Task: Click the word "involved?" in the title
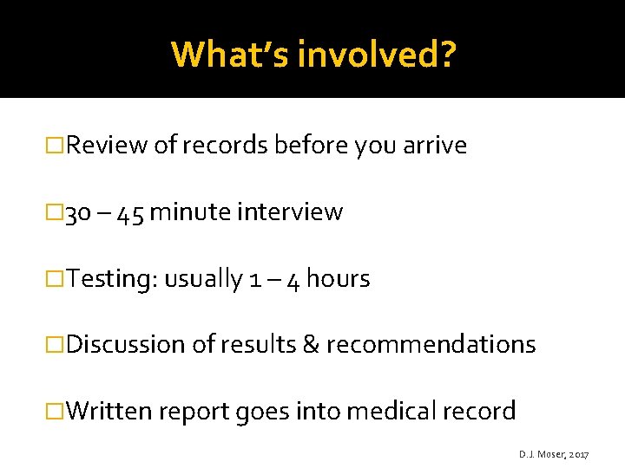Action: [375, 55]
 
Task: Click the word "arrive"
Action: [435, 146]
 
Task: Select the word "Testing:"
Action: [111, 279]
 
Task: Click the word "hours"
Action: [338, 279]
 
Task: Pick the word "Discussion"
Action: [126, 345]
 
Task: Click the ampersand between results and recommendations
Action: [311, 345]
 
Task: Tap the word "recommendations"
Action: [431, 345]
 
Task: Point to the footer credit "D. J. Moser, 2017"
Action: [554, 454]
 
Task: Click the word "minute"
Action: [187, 212]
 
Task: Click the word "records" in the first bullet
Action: [224, 146]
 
